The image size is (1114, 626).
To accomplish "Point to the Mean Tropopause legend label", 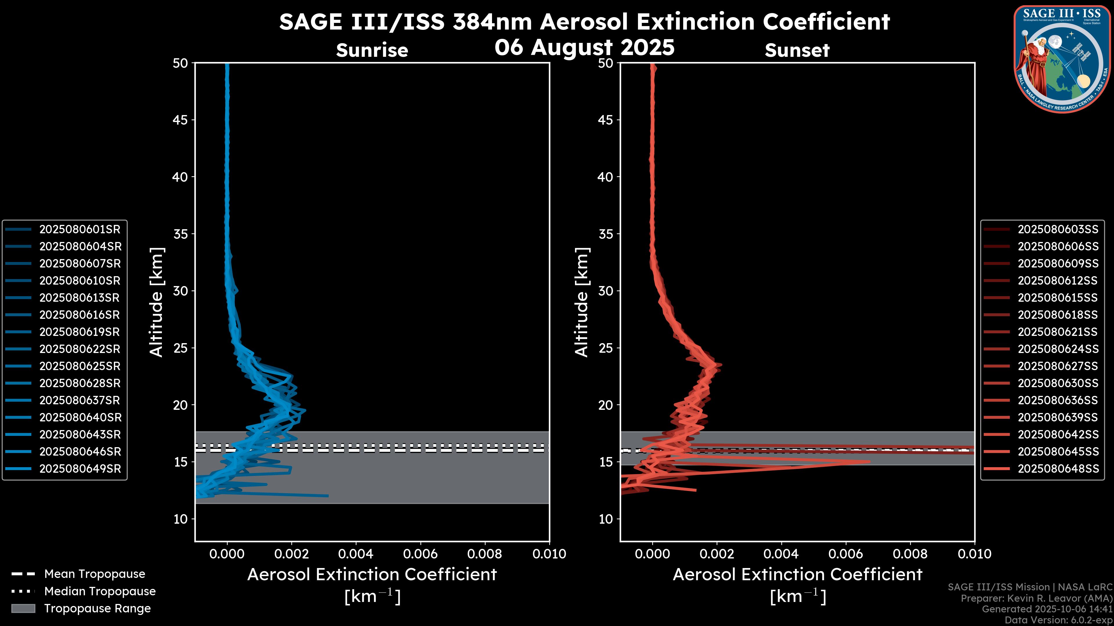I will tap(95, 574).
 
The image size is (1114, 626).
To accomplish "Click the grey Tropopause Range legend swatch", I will tap(23, 608).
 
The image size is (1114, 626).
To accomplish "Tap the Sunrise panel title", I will tap(372, 50).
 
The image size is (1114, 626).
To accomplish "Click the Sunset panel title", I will tap(797, 50).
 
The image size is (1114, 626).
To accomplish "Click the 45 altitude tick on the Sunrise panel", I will tap(180, 120).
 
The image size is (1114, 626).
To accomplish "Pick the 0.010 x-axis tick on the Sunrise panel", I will tap(549, 554).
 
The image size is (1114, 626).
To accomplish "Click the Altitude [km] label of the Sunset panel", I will tap(582, 302).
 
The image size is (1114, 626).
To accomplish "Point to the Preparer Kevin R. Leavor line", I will tap(1036, 598).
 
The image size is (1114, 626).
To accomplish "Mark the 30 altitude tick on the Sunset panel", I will tap(605, 291).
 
